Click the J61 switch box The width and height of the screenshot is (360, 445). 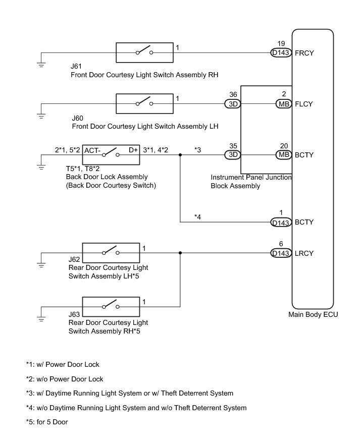(x=144, y=52)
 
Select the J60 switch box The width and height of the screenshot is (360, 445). (x=144, y=104)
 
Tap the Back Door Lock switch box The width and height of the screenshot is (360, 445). (x=111, y=154)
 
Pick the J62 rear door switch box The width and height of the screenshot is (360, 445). (x=111, y=253)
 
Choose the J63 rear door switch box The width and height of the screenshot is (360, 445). (x=111, y=305)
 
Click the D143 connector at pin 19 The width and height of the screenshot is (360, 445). (x=281, y=52)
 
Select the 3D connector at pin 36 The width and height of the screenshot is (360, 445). (x=233, y=104)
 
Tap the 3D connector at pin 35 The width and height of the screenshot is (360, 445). (x=233, y=155)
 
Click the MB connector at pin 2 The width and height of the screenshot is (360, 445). (x=284, y=104)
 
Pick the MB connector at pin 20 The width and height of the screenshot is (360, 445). (x=284, y=155)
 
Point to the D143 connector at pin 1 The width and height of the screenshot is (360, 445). (x=281, y=222)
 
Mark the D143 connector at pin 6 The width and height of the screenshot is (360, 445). (x=281, y=253)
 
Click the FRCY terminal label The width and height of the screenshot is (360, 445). (x=304, y=52)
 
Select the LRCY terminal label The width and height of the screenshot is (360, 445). (x=304, y=253)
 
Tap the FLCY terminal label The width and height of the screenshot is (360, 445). (x=304, y=104)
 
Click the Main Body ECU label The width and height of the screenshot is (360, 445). (x=313, y=314)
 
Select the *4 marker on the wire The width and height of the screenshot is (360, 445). (x=198, y=217)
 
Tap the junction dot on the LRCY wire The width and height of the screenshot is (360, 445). (x=180, y=253)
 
